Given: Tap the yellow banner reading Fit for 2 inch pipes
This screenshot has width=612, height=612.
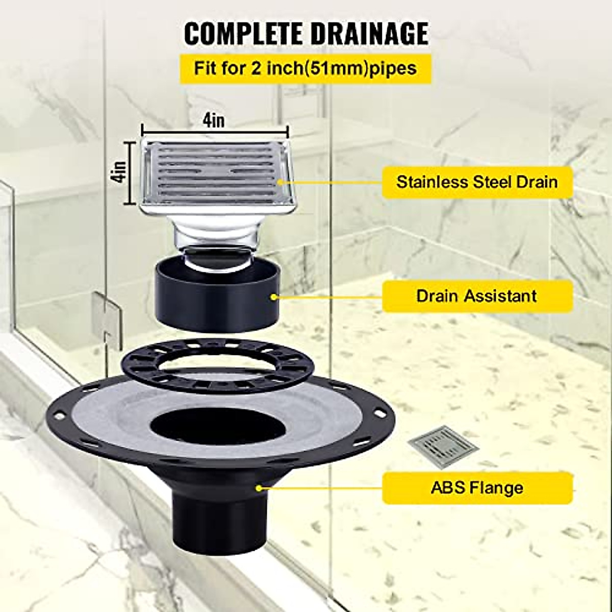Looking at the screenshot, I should click(x=305, y=68).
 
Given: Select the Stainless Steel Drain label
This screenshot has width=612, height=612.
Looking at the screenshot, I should click(x=477, y=182).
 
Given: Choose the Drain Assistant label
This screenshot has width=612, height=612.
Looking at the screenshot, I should click(x=477, y=296).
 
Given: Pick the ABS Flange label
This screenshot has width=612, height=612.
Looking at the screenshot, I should click(x=477, y=488).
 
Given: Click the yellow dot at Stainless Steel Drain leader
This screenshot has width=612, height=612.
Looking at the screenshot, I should click(x=280, y=182).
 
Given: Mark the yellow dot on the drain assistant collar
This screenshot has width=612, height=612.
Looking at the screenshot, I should click(x=276, y=296).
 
